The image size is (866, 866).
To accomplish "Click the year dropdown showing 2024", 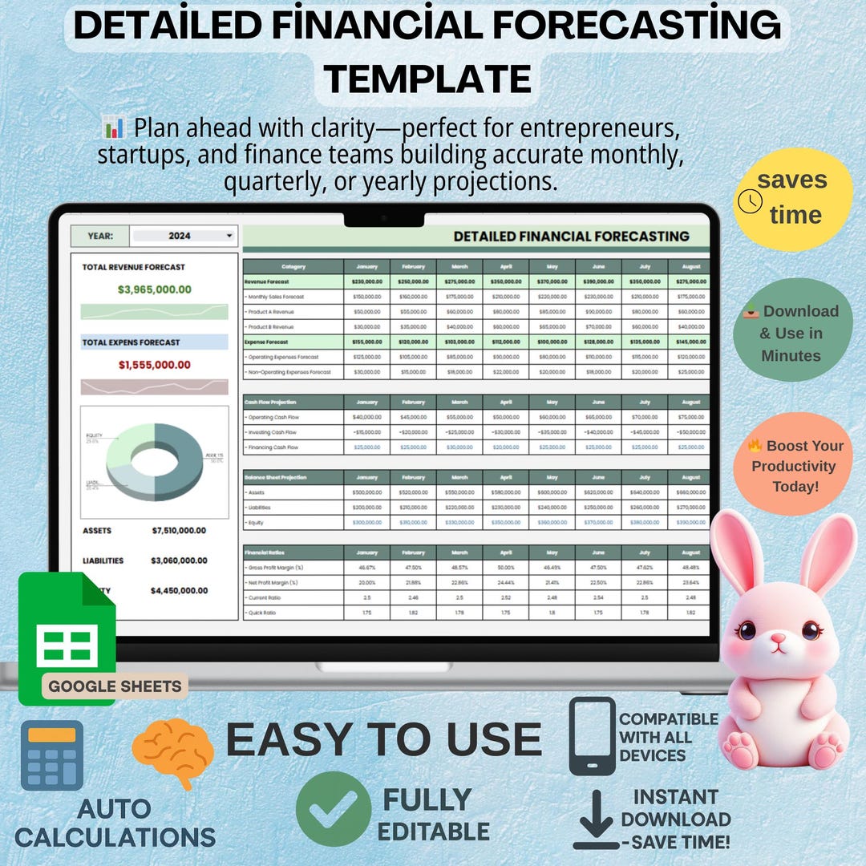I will pos(184,236).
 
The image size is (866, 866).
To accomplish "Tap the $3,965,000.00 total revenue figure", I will pos(155,289).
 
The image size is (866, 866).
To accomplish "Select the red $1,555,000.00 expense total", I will pos(155,365).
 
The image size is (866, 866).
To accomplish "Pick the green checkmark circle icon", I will pos(333,809).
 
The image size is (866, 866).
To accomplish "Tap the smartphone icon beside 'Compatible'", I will pos(592,737).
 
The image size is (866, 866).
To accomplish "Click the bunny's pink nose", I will pos(777,641).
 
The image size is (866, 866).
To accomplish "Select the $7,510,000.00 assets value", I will pos(179,531).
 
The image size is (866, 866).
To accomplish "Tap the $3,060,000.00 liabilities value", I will pos(179,561).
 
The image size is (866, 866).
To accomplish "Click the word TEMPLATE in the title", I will pos(427,79).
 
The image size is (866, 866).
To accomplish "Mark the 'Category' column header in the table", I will pos(293,267).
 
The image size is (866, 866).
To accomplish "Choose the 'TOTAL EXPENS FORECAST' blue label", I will pos(131,342).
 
